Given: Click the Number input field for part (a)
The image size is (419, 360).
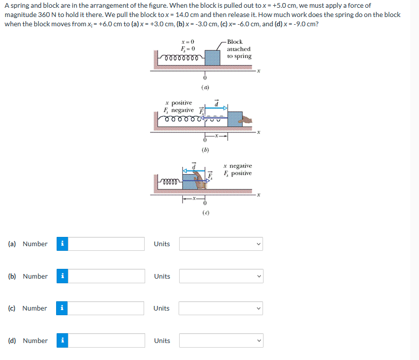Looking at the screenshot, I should coord(107,244).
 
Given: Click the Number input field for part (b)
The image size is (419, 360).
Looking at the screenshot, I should coord(107,276).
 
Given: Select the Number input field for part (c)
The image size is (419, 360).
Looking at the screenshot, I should coord(107,308).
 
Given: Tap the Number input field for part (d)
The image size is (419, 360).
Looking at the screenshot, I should coord(107,340).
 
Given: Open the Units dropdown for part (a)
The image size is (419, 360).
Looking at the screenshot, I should coord(221,244).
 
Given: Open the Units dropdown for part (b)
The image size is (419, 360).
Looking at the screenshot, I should coord(221,276).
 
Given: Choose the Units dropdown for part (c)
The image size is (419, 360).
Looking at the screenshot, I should coord(221,308).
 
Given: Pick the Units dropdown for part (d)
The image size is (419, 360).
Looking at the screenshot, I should coord(221,340).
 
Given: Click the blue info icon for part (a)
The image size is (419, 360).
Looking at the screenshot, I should coord(62,244).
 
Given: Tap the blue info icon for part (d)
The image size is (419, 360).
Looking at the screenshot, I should coord(62,340).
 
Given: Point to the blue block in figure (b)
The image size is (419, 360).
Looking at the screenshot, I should coord(235,119).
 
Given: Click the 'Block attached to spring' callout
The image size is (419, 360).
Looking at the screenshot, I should coord(239,49).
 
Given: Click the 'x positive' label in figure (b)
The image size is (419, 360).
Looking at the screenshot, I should coord(178,103).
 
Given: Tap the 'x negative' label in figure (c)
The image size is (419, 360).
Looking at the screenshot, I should coord(237,166).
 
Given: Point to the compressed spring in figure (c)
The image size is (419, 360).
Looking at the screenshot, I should coord(170,181).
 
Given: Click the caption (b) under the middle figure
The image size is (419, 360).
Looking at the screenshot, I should coord(205,150).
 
